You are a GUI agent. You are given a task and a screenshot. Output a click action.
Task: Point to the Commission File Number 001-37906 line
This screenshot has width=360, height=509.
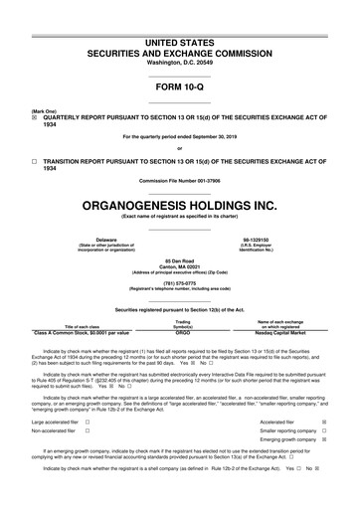coord(180,180)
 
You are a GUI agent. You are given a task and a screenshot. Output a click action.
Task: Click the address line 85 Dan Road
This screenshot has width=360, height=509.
coord(180,260)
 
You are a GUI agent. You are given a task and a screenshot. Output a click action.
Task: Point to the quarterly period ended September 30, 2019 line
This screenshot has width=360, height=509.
coord(180,137)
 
